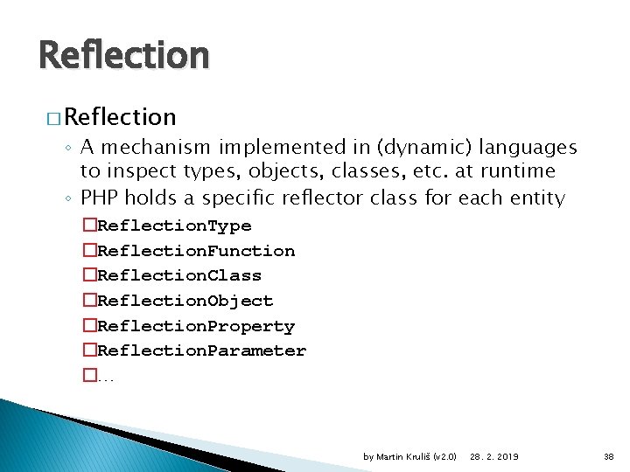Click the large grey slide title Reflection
coord(123,56)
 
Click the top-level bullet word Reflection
coord(120,116)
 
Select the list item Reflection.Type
coord(174,226)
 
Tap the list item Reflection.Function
coord(196,251)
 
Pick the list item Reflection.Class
coord(179,275)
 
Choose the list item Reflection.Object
coord(185,301)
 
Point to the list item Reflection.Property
coord(196,326)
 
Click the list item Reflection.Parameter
coord(201,351)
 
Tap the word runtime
coord(514,171)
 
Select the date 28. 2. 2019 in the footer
coord(493,457)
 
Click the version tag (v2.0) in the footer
coord(445,457)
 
